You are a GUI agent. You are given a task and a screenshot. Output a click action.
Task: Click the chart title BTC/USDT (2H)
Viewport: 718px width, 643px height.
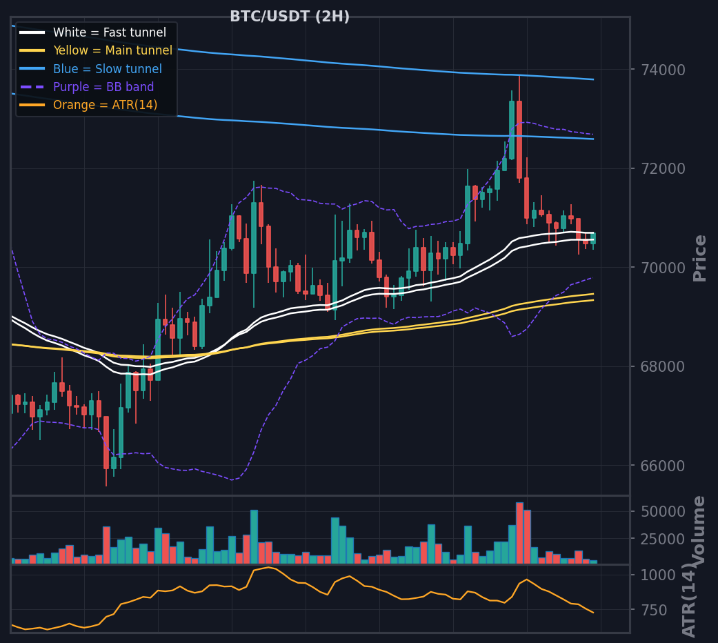[x=290, y=17]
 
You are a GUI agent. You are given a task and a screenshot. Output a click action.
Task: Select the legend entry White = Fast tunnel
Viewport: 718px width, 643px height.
[x=110, y=32]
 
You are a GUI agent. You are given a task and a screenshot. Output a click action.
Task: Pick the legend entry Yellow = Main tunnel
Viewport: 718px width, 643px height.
[x=112, y=50]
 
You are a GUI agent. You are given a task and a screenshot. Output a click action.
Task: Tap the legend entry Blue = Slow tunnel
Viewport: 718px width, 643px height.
[x=108, y=69]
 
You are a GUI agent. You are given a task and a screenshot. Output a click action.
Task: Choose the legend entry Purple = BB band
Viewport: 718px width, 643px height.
[x=103, y=87]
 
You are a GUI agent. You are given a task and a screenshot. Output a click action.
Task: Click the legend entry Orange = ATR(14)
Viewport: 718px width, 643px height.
[x=106, y=105]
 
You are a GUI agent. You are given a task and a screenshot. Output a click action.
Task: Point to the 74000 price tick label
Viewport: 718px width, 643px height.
[x=663, y=70]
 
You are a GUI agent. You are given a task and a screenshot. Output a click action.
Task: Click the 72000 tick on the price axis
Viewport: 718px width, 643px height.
[x=663, y=169]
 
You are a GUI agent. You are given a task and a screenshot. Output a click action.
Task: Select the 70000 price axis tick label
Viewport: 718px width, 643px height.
[x=663, y=268]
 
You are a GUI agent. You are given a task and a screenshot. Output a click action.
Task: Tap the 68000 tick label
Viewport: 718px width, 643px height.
[x=663, y=367]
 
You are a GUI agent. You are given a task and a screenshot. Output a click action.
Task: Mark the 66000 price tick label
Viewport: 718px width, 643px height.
[x=663, y=466]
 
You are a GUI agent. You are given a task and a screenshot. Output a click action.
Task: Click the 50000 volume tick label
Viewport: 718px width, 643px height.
[x=663, y=511]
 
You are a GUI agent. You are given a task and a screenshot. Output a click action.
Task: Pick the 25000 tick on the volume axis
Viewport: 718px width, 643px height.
[x=663, y=539]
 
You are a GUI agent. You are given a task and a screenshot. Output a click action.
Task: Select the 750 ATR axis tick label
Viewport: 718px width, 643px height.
[x=654, y=611]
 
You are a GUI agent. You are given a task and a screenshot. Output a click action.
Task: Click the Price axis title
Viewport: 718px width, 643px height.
[x=699, y=258]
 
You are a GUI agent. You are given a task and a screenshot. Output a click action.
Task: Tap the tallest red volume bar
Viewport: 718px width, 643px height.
[x=519, y=533]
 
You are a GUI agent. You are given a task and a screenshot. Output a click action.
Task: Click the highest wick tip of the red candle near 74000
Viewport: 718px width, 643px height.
[x=519, y=76]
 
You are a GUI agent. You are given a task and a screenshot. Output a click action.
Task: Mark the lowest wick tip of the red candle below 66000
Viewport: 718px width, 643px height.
[x=106, y=486]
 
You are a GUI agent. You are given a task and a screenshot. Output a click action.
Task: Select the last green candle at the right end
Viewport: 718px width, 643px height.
[x=593, y=239]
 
